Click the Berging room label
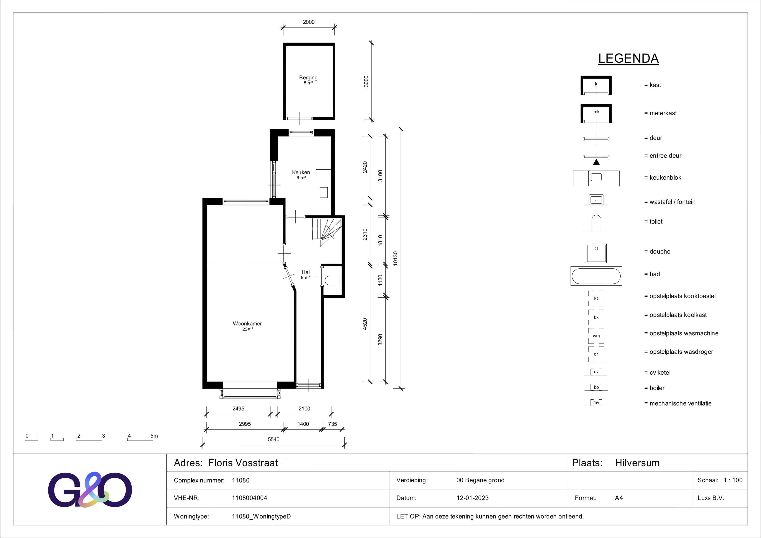308,78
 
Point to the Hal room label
306,272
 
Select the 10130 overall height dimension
395,258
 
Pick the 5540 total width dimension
273,440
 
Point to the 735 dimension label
332,424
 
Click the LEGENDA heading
628,59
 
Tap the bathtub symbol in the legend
596,276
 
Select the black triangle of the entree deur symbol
596,162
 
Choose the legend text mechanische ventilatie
680,403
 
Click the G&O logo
90,490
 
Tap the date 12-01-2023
472,498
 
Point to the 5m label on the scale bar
154,436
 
